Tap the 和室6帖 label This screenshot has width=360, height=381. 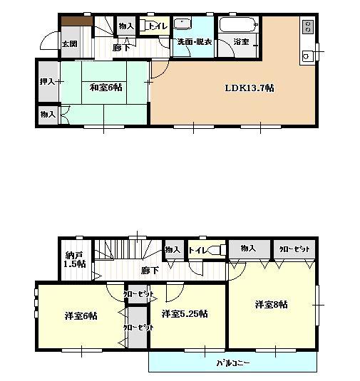click(106, 88)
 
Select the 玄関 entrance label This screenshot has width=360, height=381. click(69, 44)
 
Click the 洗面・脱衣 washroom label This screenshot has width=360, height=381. click(195, 42)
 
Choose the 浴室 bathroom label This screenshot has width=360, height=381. click(242, 42)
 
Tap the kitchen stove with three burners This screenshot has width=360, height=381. click(308, 26)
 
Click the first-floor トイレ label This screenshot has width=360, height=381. click(158, 27)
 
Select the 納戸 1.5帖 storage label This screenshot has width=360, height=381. click(75, 259)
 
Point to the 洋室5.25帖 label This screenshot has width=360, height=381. click(184, 314)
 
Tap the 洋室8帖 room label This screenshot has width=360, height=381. click(272, 305)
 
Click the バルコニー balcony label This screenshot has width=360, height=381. click(233, 362)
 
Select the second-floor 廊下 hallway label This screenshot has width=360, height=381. click(150, 271)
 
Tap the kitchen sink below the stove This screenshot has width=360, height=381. click(308, 56)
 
